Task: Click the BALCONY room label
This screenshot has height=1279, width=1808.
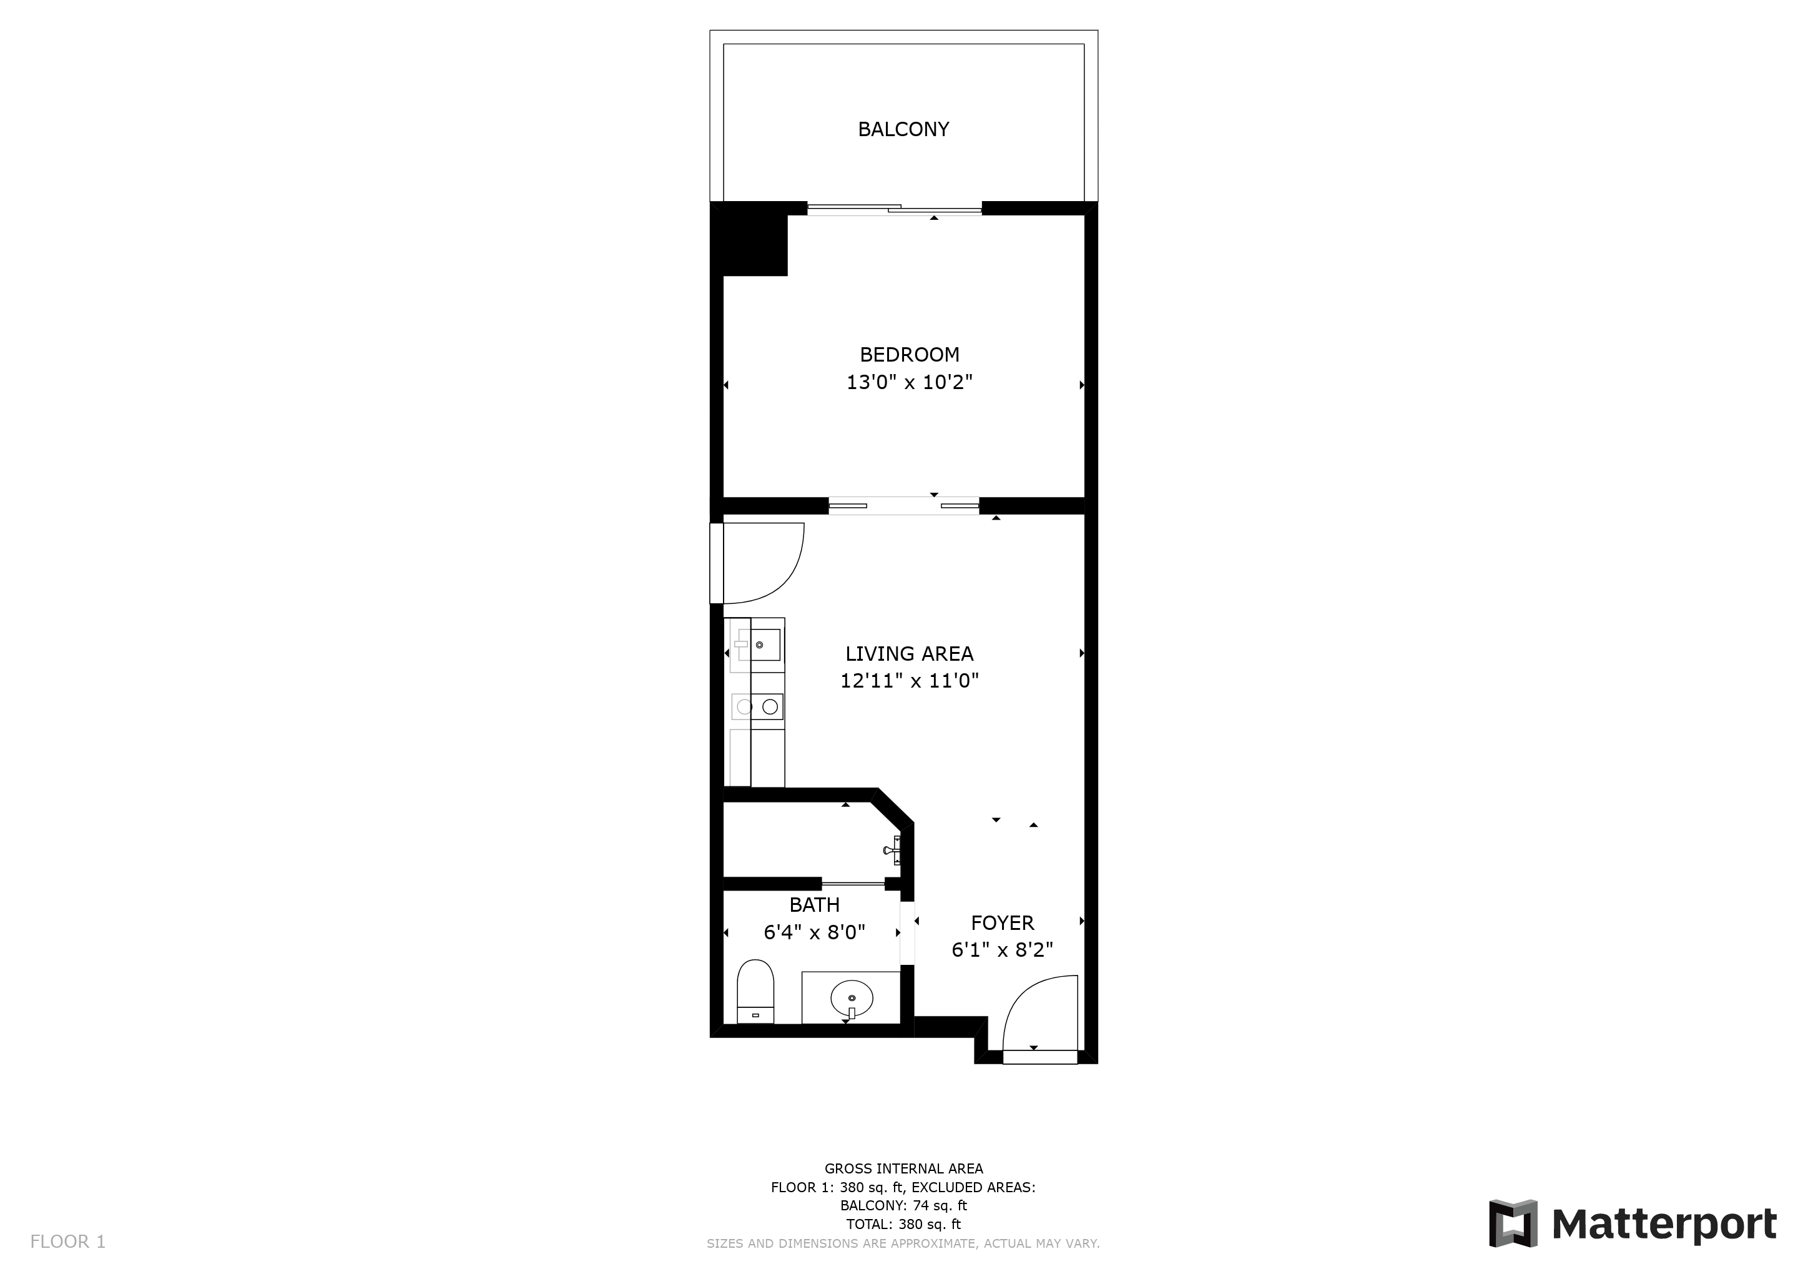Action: click(x=903, y=129)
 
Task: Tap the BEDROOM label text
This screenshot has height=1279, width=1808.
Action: click(x=910, y=354)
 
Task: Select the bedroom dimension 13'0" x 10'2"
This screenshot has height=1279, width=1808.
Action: click(x=910, y=383)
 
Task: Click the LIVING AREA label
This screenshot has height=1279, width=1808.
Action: click(x=910, y=654)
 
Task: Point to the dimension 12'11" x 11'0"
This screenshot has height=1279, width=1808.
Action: click(x=910, y=681)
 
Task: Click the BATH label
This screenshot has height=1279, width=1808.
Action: click(x=815, y=905)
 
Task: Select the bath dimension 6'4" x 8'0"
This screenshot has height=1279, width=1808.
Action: click(x=815, y=932)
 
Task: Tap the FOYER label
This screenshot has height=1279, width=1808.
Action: click(x=1003, y=922)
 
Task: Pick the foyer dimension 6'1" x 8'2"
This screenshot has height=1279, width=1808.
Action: click(x=1003, y=950)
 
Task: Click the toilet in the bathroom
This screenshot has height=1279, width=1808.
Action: click(x=755, y=992)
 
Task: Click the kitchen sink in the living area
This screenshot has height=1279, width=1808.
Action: click(x=765, y=645)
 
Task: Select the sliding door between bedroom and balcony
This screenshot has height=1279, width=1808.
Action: click(x=895, y=209)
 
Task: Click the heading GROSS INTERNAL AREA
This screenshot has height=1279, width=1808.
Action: click(x=903, y=1168)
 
